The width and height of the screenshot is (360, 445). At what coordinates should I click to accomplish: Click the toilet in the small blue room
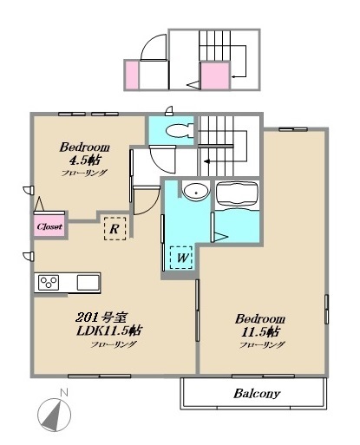point(180,131)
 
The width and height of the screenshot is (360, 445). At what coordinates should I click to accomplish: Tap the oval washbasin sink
point(196,191)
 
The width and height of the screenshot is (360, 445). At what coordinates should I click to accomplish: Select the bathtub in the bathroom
point(237,193)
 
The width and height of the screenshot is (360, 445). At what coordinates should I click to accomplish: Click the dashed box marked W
point(181,257)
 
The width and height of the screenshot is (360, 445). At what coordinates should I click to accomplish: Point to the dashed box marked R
point(115,229)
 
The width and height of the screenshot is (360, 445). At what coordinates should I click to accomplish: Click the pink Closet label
point(49,226)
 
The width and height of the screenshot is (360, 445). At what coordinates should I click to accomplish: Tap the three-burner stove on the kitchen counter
point(49,282)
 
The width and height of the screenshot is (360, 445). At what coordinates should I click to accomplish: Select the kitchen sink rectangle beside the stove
point(88,282)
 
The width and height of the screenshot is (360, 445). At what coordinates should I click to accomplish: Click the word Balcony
point(257,394)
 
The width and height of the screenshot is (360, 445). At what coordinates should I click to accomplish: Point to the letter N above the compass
point(64,393)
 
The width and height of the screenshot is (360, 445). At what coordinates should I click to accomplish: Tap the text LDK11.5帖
point(109,330)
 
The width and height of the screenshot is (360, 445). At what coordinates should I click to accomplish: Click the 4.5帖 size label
point(85,160)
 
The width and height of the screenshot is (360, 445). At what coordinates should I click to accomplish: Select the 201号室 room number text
point(101,317)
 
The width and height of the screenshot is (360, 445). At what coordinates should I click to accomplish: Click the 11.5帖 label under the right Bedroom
point(260,331)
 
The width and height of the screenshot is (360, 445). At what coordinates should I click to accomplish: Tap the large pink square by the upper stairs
point(215,75)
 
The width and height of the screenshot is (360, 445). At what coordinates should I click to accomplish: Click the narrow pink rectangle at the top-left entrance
point(132,75)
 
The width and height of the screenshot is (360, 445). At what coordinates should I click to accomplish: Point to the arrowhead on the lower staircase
point(206,161)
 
